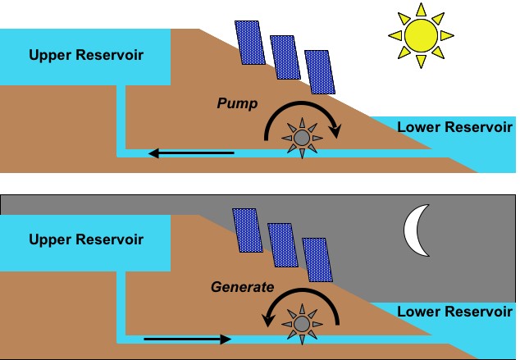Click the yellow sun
click(422, 34)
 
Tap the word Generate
click(242, 288)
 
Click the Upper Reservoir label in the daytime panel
click(86, 56)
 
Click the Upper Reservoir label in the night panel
click(86, 240)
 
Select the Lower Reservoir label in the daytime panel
click(454, 127)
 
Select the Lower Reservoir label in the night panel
click(454, 312)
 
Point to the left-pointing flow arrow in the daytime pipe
click(191, 152)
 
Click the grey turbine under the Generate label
click(301, 323)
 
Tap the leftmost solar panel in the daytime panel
click(250, 42)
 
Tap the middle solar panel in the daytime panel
click(284, 57)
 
